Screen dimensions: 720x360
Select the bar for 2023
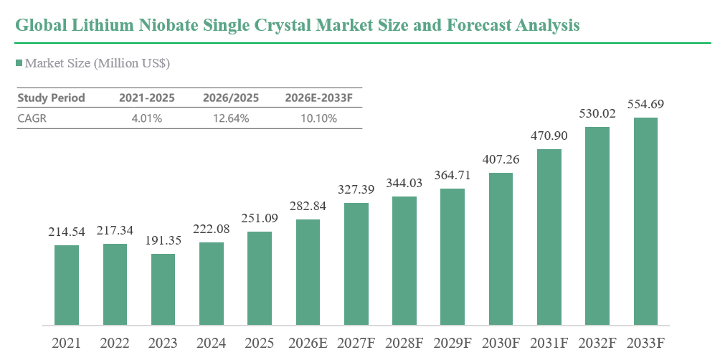[163, 290]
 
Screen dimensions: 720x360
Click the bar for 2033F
[645, 222]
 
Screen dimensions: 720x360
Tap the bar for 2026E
[308, 273]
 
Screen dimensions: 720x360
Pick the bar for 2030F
[501, 250]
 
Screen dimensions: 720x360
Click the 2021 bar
[67, 285]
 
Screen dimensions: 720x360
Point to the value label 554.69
[645, 105]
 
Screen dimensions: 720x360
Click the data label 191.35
[163, 241]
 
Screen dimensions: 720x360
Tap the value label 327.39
[356, 189]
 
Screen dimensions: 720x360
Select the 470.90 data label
[549, 136]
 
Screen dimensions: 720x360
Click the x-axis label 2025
[260, 343]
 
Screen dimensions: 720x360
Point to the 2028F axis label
[404, 343]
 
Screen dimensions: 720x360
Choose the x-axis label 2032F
[597, 343]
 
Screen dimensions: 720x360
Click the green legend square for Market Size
[19, 63]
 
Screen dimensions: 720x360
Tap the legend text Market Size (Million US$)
[98, 63]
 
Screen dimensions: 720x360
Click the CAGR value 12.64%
[231, 118]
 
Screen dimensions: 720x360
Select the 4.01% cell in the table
[147, 118]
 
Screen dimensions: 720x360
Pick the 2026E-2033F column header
[318, 98]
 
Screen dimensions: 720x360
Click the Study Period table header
[51, 98]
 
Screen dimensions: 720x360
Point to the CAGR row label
[32, 118]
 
